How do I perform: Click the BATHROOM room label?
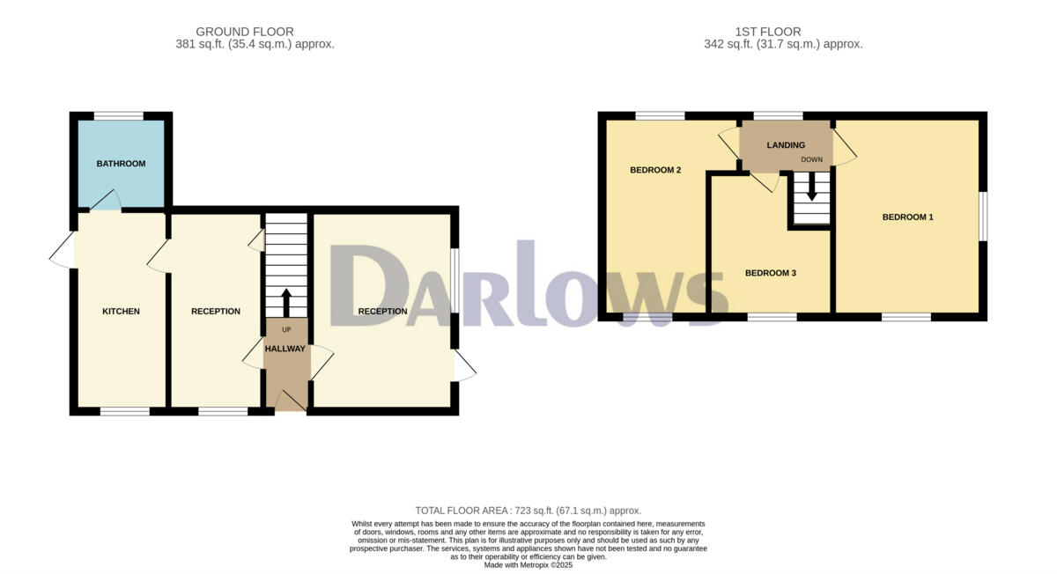(121, 164)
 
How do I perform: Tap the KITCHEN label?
(121, 312)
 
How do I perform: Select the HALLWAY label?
(286, 349)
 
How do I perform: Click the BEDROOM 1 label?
(907, 217)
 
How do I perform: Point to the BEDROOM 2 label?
(655, 170)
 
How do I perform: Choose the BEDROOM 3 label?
(770, 273)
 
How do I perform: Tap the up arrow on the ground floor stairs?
(285, 302)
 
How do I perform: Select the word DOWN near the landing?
(811, 160)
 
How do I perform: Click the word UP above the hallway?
(286, 330)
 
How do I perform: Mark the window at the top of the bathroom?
(119, 115)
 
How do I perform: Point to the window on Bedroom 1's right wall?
(983, 216)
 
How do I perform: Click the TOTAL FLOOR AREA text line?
(528, 511)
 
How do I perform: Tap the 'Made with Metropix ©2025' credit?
(528, 564)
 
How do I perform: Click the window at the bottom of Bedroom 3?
(772, 316)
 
